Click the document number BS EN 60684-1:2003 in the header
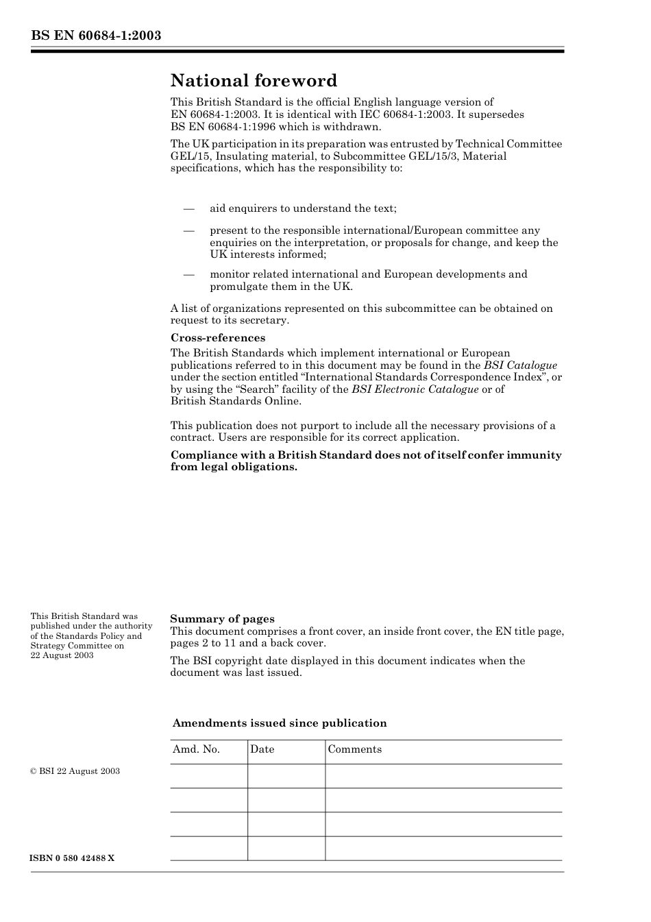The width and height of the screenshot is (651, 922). tap(96, 35)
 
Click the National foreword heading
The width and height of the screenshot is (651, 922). tap(254, 81)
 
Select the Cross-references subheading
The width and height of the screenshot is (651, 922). tap(217, 338)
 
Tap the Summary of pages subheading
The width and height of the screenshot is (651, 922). tap(222, 618)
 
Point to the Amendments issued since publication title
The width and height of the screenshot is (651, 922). tap(280, 723)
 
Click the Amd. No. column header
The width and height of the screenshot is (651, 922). tap(196, 749)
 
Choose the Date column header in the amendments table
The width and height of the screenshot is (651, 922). tap(262, 749)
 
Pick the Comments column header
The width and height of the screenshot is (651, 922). tap(354, 749)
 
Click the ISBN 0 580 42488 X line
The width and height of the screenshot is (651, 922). tap(73, 858)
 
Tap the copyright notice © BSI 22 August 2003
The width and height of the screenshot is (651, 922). tap(75, 771)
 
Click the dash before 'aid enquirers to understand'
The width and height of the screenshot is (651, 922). tap(188, 208)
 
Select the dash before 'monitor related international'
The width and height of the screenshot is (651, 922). tap(188, 274)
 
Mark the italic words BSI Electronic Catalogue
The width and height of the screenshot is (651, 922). tap(415, 389)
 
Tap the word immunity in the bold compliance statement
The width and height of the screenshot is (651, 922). tap(534, 455)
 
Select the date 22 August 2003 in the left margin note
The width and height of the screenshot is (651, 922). tap(62, 655)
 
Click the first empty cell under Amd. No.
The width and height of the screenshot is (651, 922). tap(208, 776)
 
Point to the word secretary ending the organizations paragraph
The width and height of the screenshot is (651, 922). tap(265, 320)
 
